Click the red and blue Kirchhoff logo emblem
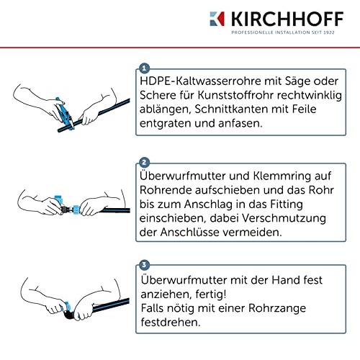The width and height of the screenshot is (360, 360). point(217,19)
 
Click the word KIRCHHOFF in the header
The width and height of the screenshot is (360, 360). point(287,19)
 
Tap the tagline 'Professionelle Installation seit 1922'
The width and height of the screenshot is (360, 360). point(283,32)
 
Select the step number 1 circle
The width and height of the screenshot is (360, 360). point(144,68)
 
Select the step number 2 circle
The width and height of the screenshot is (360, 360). point(144,163)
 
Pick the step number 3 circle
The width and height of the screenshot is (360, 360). point(144,265)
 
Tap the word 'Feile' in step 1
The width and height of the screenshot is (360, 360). point(304,109)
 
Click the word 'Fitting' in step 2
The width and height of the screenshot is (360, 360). point(287,204)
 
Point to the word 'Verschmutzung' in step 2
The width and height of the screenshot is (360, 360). point(284,218)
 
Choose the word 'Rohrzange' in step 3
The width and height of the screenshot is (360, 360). point(277,308)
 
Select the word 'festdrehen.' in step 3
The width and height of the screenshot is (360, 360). point(171,322)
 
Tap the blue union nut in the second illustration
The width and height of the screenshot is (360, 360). point(76,210)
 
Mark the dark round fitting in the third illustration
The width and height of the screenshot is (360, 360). point(68,315)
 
